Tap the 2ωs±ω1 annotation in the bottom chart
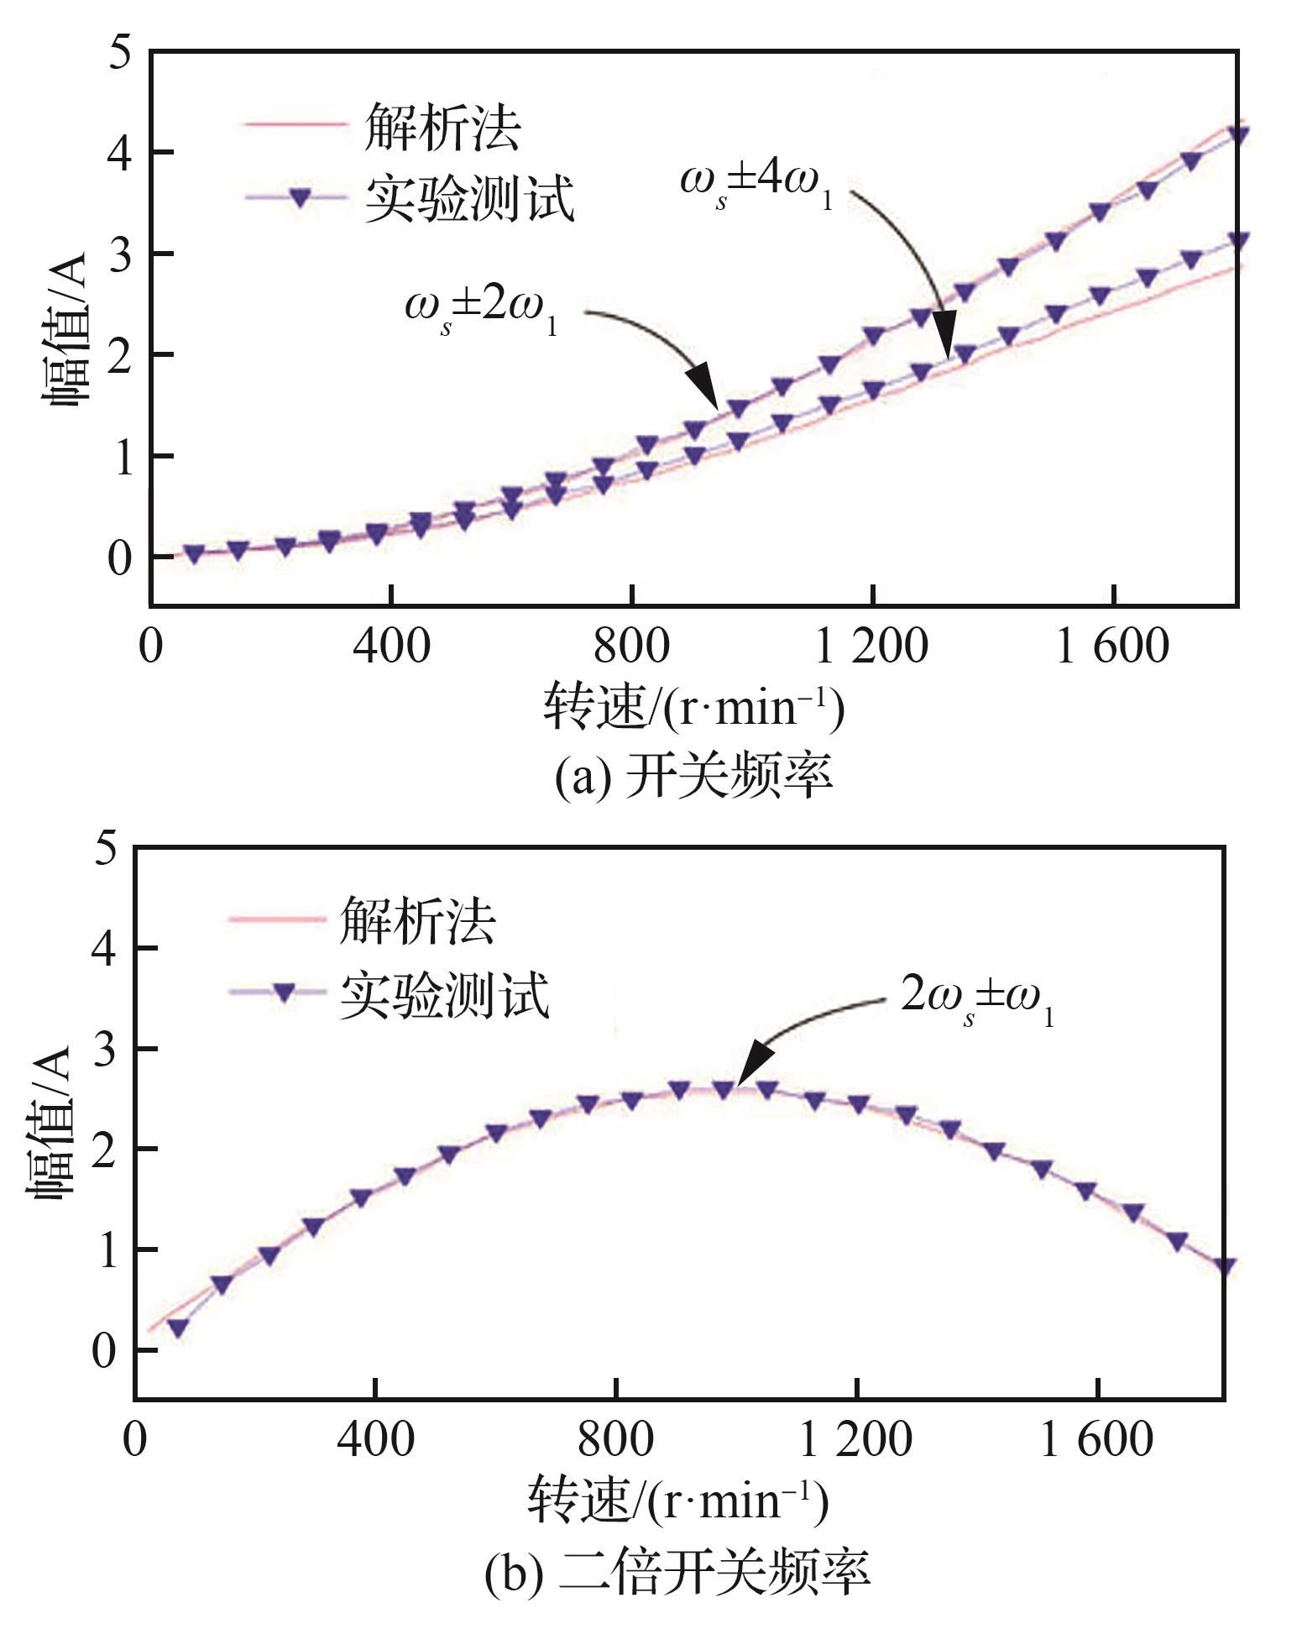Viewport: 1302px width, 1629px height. tap(976, 1000)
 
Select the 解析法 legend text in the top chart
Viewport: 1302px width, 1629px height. tap(442, 128)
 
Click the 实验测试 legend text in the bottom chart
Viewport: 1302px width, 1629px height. tap(445, 996)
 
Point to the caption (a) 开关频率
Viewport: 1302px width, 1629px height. tap(693, 775)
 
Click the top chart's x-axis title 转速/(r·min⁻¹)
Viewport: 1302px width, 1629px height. tap(693, 707)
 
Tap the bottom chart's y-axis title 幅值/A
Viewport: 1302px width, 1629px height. tap(53, 1125)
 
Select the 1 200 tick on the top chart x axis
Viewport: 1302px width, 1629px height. tap(872, 647)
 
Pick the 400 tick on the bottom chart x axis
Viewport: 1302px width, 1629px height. tap(375, 1439)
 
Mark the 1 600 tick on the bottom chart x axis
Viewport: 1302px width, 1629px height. tap(1096, 1439)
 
